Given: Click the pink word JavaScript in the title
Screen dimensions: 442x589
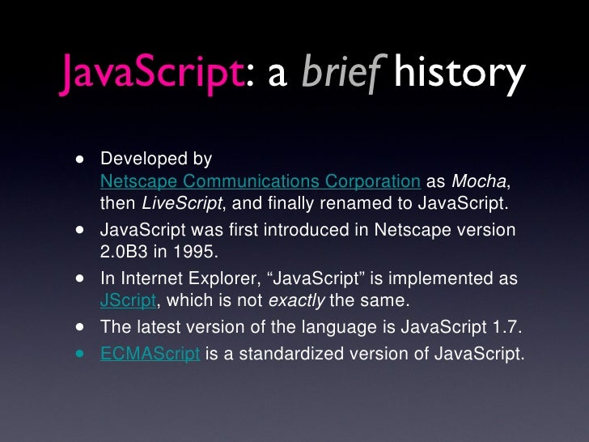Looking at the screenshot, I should click(150, 74).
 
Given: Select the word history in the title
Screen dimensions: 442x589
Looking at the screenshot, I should click(459, 74).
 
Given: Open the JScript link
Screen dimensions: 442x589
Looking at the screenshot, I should click(127, 300).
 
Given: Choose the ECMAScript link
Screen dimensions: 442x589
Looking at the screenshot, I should click(150, 354).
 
